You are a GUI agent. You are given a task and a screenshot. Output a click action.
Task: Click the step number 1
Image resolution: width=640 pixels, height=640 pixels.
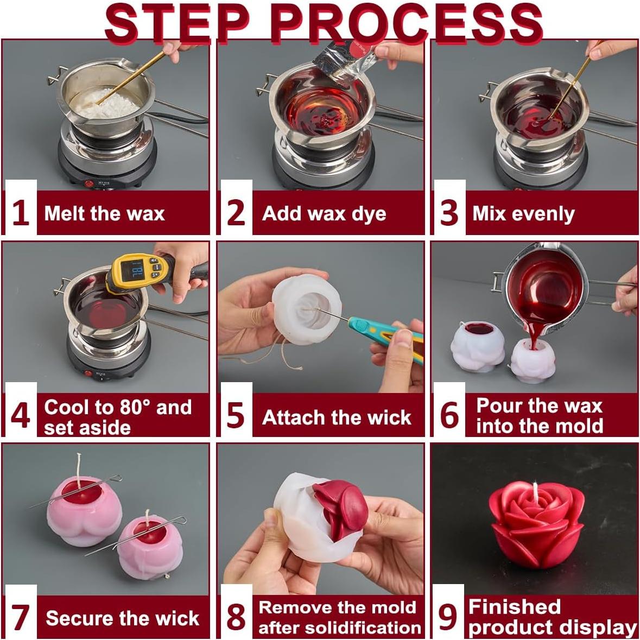[x=20, y=212]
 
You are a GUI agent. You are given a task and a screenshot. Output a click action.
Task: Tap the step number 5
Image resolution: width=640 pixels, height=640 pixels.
[x=235, y=416]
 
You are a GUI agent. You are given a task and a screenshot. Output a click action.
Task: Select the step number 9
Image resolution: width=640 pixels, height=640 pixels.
[x=447, y=617]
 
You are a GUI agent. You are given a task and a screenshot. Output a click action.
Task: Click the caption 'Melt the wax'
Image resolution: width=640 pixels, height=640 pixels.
[x=104, y=213]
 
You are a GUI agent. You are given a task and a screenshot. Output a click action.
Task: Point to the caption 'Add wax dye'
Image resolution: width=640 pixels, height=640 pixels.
[x=324, y=213]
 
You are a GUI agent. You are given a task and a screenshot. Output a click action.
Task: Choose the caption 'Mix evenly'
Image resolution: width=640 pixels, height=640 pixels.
[x=523, y=213]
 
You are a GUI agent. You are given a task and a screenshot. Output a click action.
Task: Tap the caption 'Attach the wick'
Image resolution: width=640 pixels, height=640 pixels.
[x=337, y=417]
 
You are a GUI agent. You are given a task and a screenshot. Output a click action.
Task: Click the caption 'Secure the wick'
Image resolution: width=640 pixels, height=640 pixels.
[x=123, y=618]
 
